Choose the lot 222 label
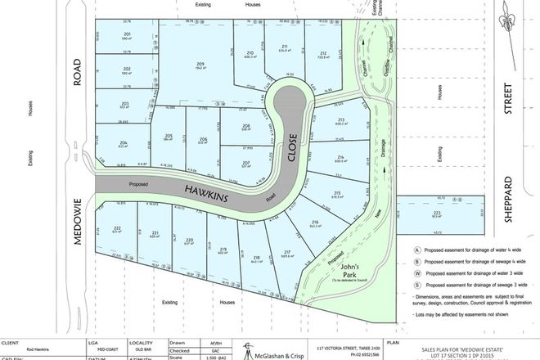tap(117, 227)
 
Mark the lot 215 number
tap(335, 193)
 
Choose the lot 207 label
tap(246, 162)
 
